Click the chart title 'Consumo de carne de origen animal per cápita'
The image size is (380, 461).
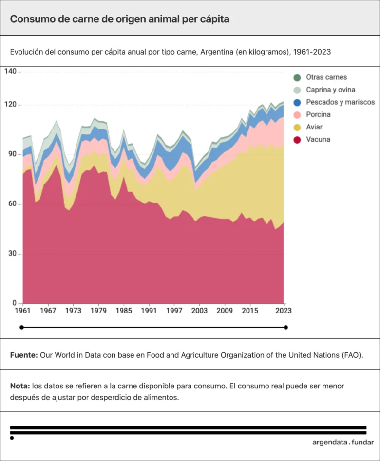[119, 19]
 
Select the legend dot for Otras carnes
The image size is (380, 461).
[297, 77]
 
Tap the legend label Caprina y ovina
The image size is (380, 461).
[330, 90]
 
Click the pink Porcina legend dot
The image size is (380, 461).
[297, 115]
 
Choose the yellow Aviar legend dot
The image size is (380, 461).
[297, 128]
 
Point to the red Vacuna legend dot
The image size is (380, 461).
[297, 140]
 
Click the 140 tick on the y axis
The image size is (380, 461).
[11, 71]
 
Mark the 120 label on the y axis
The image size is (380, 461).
[11, 104]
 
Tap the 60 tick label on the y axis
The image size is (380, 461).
[12, 204]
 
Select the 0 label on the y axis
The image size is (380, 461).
[15, 303]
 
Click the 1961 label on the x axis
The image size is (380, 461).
[23, 311]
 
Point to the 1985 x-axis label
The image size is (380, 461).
[124, 311]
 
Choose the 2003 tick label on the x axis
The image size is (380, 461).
[199, 311]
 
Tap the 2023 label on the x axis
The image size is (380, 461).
[283, 311]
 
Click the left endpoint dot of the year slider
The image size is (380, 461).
[21, 327]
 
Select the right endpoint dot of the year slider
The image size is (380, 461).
[285, 327]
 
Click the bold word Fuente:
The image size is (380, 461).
[24, 355]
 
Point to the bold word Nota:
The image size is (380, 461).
[20, 386]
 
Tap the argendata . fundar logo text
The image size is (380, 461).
[343, 442]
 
